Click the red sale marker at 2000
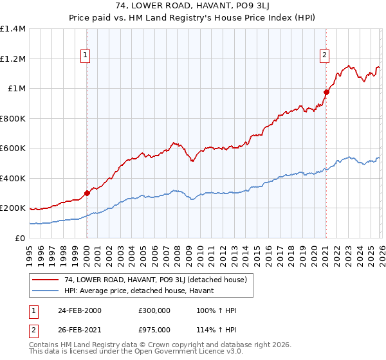pos(87,193)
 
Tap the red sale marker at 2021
pos(326,92)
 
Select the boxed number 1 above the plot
pos(86,56)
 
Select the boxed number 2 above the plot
pos(326,56)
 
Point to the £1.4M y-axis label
pos(13,29)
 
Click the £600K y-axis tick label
pos(13,148)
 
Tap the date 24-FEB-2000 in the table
pos(78,310)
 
